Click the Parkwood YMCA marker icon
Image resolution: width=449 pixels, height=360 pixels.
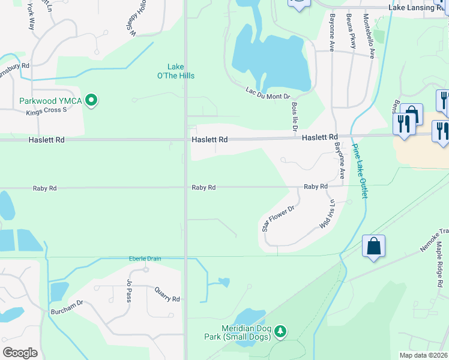click(91, 100)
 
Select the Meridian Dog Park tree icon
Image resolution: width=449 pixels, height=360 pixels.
click(279, 331)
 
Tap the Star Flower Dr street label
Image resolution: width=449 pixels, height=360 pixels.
click(277, 219)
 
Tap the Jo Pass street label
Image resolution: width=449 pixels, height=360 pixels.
click(128, 290)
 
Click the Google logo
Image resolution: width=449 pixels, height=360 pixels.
click(20, 353)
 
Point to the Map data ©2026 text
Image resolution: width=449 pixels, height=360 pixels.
click(424, 355)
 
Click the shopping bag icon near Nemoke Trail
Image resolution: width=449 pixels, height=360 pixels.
click(373, 246)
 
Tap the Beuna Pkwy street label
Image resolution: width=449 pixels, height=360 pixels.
click(351, 34)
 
